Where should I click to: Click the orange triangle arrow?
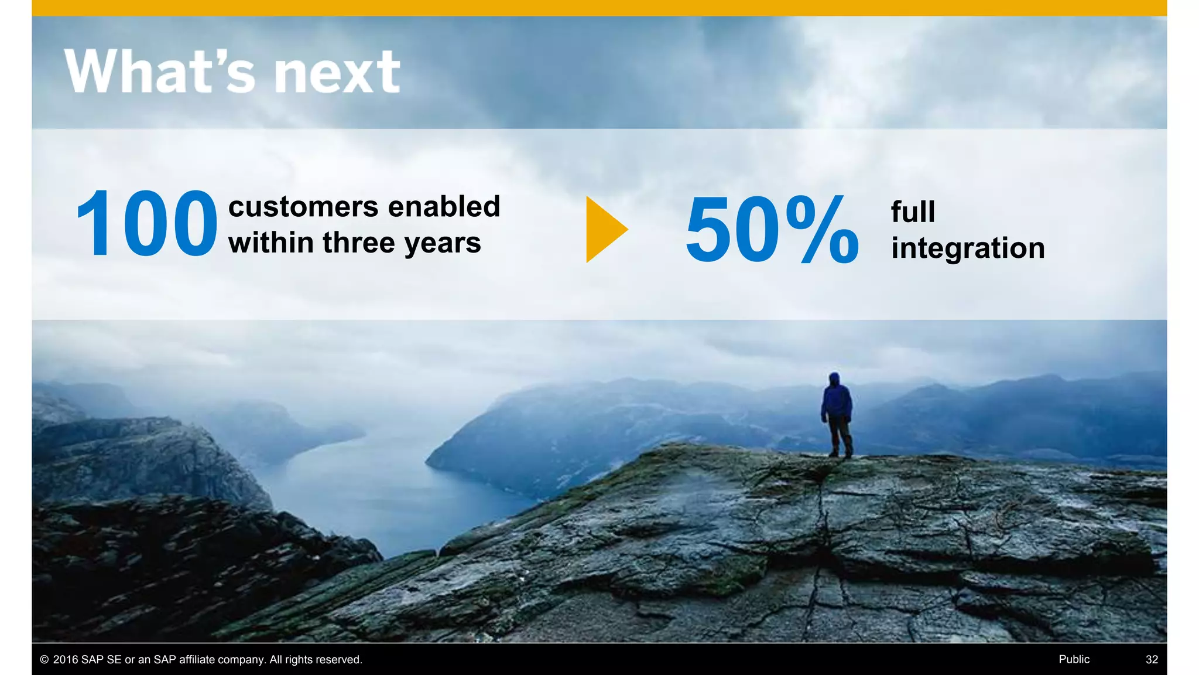(605, 229)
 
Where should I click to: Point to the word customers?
(303, 207)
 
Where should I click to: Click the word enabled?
(444, 206)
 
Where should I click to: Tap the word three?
(359, 243)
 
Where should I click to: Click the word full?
(913, 212)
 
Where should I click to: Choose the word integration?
(968, 248)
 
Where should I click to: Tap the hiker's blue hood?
(834, 378)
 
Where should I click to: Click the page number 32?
(1152, 659)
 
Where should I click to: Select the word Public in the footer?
(1074, 659)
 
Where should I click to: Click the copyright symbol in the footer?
(44, 660)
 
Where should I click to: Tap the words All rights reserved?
(316, 660)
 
